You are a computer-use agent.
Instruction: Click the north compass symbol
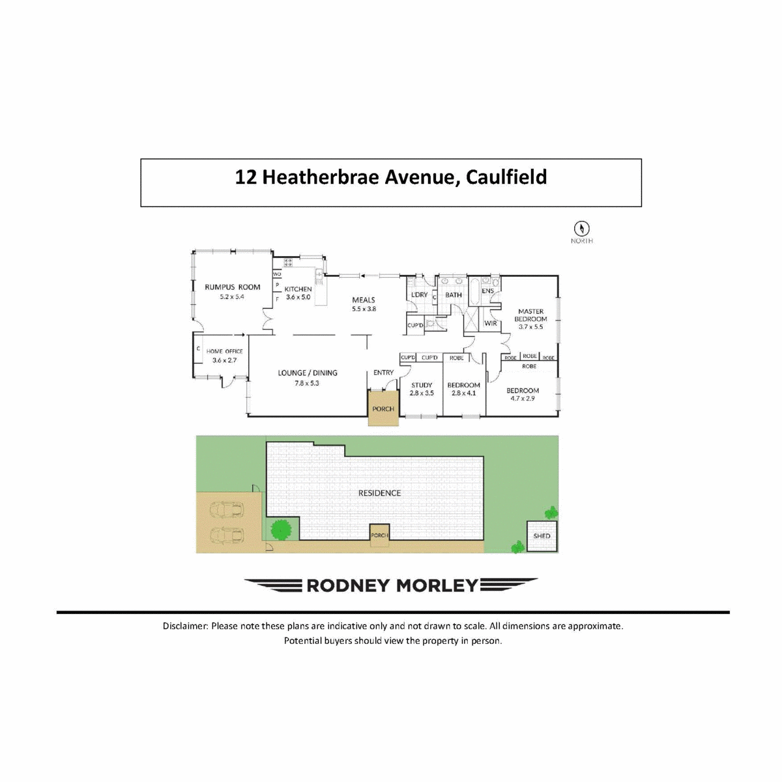pos(581,228)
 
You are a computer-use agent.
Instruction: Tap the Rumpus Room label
pos(232,287)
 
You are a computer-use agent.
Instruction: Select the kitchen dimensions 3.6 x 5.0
pos(298,297)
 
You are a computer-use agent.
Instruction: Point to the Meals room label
pos(364,300)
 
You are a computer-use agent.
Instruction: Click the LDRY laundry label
pos(420,295)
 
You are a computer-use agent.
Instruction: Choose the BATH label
pos(454,295)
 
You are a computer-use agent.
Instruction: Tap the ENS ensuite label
pos(487,291)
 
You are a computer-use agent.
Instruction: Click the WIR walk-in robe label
pos(491,323)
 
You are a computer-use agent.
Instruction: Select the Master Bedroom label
pos(530,315)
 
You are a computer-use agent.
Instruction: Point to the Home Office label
pos(224,351)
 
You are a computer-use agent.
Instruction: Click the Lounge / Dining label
pos(308,373)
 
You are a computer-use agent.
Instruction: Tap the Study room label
pos(422,385)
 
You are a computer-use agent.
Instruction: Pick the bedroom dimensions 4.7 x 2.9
pos(523,398)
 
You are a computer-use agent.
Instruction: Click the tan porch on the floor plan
pos(383,409)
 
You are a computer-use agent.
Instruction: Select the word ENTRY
pos(383,373)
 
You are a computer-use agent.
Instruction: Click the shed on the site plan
pos(542,536)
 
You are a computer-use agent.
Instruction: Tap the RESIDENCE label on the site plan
pos(379,493)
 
